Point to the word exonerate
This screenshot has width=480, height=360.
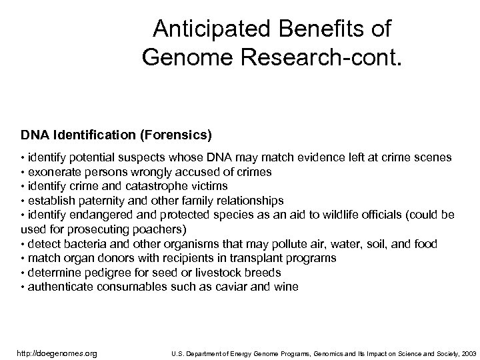coord(52,172)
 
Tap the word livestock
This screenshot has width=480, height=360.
coord(208,273)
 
